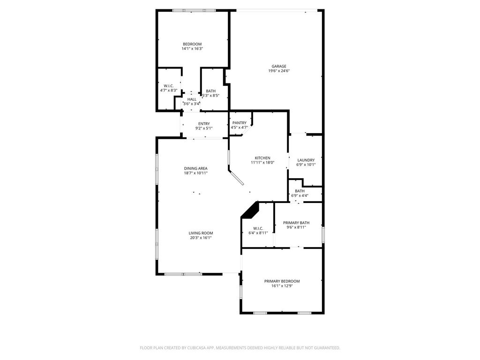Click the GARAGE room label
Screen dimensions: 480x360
(279, 66)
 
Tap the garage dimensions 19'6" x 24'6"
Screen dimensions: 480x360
(279, 71)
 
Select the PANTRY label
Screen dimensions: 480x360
(240, 123)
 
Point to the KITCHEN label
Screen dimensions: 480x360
(262, 158)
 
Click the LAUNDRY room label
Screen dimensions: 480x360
(306, 160)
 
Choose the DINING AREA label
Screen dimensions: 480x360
(195, 168)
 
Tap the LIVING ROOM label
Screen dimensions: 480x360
(201, 233)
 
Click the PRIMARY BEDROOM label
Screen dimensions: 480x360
(282, 281)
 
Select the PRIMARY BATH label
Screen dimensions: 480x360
(296, 223)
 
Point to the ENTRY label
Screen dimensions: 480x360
(204, 124)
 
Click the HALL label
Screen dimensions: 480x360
(192, 99)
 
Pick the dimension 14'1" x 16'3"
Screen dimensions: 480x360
(193, 48)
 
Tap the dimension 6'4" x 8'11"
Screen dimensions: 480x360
(258, 233)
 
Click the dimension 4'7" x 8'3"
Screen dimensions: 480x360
(169, 90)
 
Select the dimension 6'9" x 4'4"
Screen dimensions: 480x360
(300, 195)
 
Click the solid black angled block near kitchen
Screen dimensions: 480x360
(252, 210)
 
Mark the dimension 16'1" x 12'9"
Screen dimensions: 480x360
(282, 286)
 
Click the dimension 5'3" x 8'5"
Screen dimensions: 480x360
(210, 96)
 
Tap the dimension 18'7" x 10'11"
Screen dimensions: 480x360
(195, 173)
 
